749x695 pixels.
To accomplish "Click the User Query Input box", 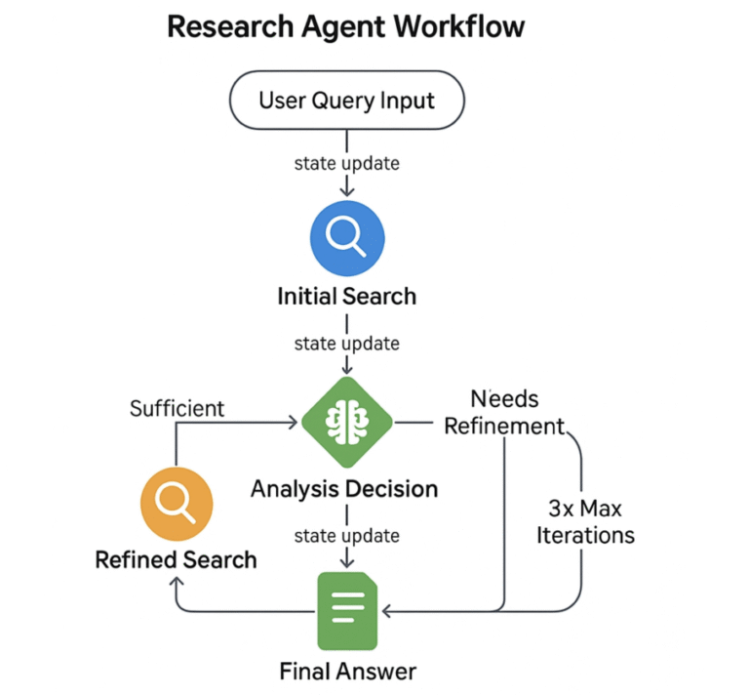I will pos(346,100).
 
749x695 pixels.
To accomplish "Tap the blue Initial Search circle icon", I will pos(347,238).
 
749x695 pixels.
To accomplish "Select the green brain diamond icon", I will pos(347,423).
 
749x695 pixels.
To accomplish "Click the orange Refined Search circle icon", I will pos(177,503).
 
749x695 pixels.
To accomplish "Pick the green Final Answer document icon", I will pos(347,610).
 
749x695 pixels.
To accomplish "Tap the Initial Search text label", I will pos(347,296).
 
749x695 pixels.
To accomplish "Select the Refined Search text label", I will pos(177,559).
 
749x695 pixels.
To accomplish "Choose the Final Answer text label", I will pos(347,671).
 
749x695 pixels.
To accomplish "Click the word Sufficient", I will pos(177,408).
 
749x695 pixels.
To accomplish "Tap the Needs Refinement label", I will pos(504,412).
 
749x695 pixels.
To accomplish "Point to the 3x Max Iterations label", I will pos(585,521).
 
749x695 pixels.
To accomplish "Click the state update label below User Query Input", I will pos(347,163).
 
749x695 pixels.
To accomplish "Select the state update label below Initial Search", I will pos(347,343).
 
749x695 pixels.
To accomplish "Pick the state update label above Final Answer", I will pos(347,535).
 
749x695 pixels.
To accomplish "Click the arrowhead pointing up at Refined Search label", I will pos(177,581).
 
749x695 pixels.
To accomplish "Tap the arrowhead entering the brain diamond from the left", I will pos(293,423).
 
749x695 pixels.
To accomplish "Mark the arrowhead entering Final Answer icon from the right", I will pos(386,612).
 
